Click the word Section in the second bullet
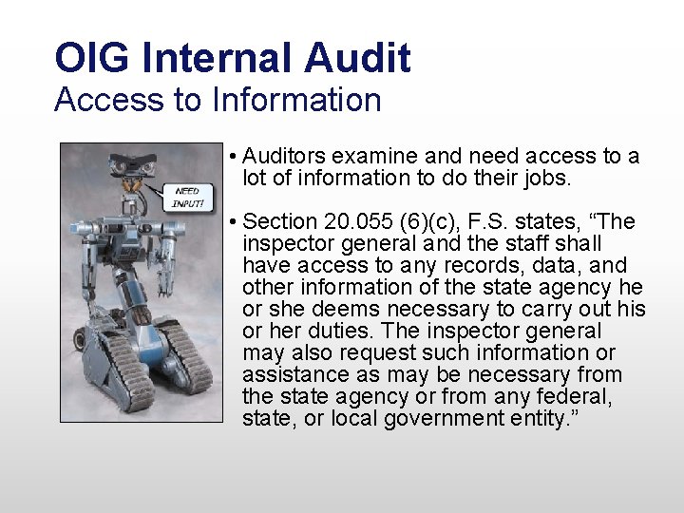point(280,221)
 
